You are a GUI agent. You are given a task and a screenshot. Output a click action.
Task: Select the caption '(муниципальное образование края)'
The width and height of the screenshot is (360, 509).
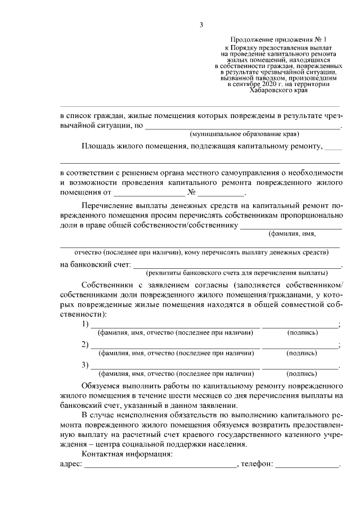(244, 134)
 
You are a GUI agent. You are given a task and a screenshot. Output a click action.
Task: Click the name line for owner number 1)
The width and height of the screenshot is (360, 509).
(175, 326)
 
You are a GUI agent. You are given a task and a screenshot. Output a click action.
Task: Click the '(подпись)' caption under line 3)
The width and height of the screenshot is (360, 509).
(301, 373)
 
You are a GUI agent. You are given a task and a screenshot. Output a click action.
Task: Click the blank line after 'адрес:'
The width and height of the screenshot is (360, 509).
(160, 466)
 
